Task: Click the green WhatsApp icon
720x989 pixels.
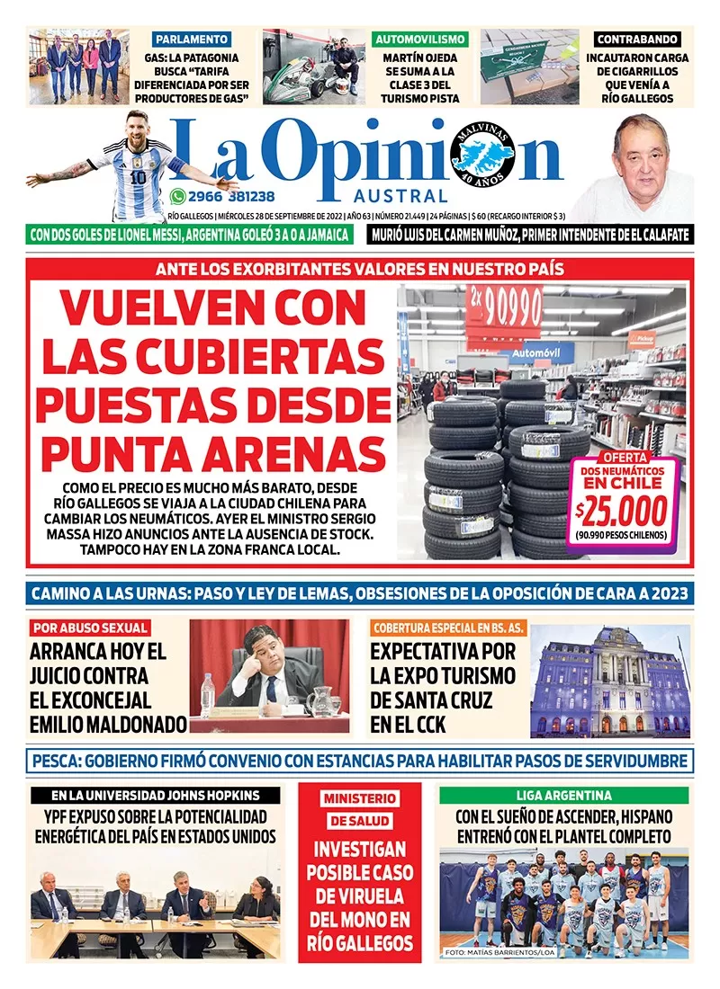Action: coord(176,196)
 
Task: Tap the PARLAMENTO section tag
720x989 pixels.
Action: coord(191,40)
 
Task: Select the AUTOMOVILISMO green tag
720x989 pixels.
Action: coord(419,40)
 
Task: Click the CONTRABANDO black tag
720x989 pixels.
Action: coord(636,40)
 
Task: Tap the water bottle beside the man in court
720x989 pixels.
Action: coord(208,694)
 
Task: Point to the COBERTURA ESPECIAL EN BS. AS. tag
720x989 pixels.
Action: coord(447,628)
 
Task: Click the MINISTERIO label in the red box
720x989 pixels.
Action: coord(360,797)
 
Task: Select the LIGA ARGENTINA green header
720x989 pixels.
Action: coord(564,795)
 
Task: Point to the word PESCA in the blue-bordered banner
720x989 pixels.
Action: coord(56,761)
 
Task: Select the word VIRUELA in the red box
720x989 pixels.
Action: coord(360,895)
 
